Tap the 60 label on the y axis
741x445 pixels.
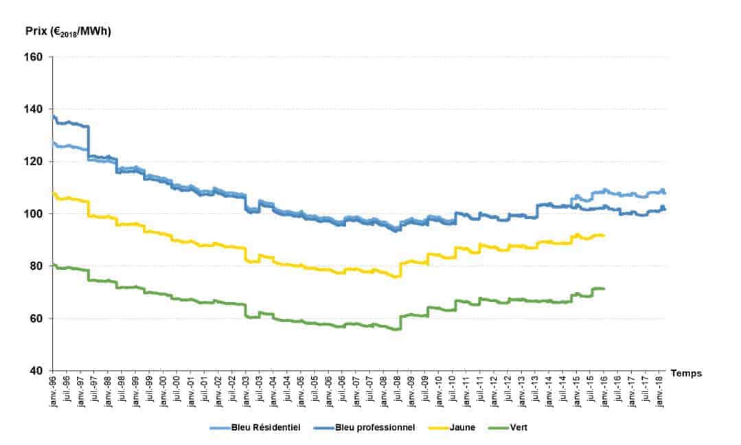click(38, 319)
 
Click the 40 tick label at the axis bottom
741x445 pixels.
click(38, 371)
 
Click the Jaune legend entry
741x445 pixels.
click(461, 427)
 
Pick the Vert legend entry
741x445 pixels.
click(518, 427)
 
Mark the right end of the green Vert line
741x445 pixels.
click(604, 288)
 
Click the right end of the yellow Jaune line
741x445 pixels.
click(604, 236)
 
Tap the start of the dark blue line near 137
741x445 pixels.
click(54, 116)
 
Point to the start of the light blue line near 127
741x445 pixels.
click(54, 143)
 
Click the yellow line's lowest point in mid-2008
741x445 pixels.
click(397, 277)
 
